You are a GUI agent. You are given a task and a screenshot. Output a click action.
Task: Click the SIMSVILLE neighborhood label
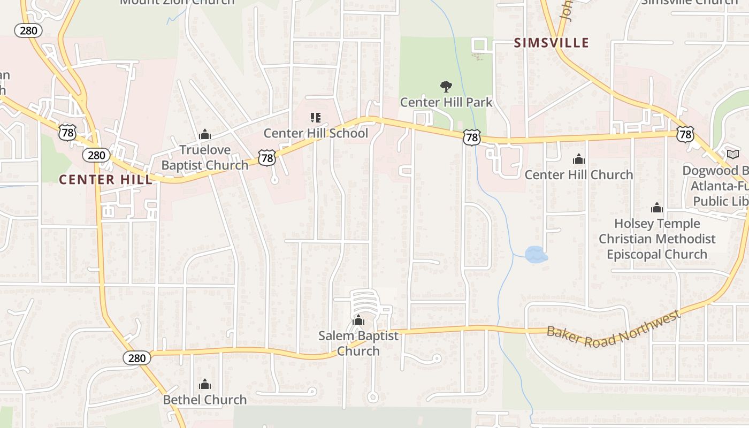551,43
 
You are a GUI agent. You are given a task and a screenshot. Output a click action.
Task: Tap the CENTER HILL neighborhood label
105,179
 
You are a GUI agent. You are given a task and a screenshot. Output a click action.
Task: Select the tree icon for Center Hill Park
446,86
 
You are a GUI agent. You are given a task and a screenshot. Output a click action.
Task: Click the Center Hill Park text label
446,102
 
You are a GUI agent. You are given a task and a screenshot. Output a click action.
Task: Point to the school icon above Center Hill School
315,117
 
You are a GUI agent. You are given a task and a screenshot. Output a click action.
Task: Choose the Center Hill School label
316,133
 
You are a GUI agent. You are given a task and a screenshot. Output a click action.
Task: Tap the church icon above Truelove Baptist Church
204,135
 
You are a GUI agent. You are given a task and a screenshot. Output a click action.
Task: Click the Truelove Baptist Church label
205,157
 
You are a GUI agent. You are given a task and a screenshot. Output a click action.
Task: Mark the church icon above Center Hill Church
578,159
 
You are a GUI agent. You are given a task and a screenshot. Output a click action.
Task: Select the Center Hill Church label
578,175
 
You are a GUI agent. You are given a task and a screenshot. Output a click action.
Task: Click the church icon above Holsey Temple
656,208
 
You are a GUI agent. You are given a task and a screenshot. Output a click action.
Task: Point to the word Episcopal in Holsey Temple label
632,254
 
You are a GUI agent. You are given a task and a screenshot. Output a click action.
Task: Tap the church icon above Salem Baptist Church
358,320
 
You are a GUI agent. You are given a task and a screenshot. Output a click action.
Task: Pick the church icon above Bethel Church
204,384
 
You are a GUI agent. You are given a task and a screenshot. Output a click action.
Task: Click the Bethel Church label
205,400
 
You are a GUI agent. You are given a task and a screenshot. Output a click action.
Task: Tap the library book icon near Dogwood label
732,155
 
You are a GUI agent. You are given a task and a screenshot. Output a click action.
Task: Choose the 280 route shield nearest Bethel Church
137,358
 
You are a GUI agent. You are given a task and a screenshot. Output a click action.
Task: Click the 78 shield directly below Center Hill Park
471,137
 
